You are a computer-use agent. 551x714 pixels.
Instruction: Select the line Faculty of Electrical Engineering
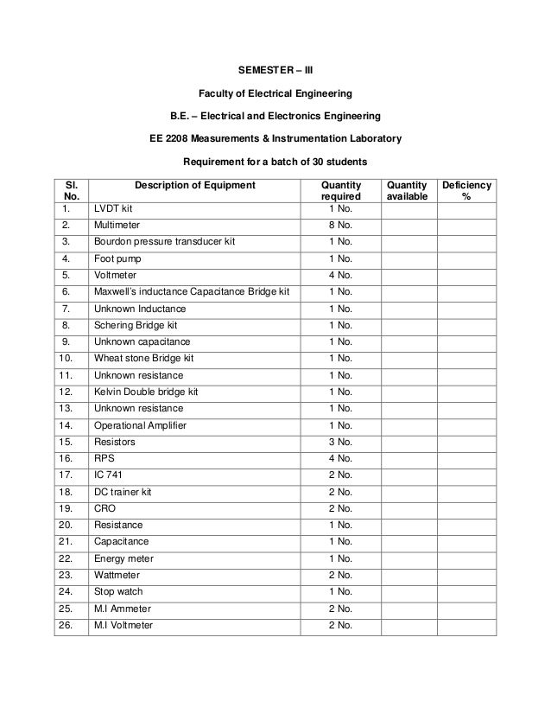(x=275, y=92)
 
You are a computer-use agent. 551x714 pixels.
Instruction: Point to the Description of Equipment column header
(x=194, y=185)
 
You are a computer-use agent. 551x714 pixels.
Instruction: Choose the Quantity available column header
(x=406, y=191)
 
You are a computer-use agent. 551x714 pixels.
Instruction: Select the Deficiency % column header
(x=466, y=191)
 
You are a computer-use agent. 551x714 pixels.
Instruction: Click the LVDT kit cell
(x=113, y=208)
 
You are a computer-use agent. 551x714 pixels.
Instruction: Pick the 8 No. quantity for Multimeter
(x=340, y=225)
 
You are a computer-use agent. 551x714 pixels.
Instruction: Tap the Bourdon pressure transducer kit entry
(x=164, y=241)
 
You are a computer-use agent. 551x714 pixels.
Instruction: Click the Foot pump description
(x=119, y=258)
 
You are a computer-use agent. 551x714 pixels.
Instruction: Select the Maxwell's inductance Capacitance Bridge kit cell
(x=192, y=292)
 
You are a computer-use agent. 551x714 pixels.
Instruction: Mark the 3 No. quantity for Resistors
(x=340, y=442)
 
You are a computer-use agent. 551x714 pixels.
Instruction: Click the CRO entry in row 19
(x=105, y=508)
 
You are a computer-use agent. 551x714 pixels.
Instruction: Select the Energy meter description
(x=123, y=558)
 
